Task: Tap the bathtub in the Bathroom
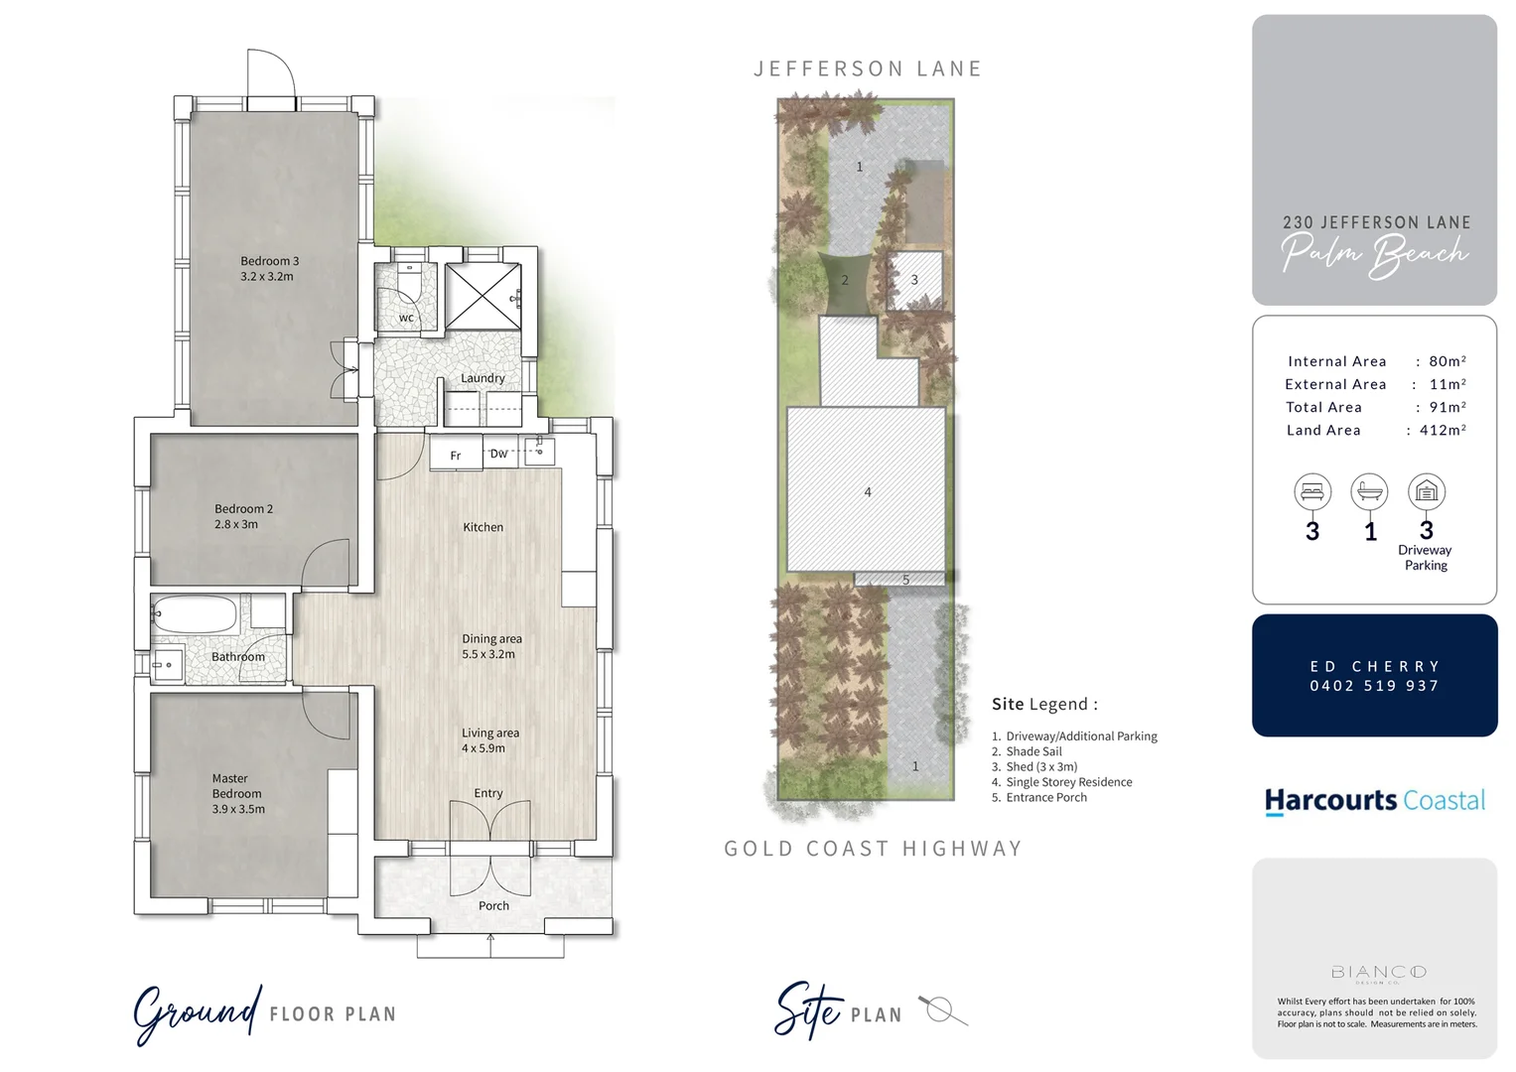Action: [196, 615]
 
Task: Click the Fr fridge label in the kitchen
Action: [456, 456]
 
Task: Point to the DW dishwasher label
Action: [498, 454]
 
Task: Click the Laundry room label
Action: [482, 378]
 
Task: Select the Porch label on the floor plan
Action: [493, 906]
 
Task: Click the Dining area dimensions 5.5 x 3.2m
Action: [488, 654]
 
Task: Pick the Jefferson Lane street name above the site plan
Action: [868, 68]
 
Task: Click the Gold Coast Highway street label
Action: [873, 849]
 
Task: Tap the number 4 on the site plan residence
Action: [868, 492]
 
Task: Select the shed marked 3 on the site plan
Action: [913, 280]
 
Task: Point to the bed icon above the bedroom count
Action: [1312, 491]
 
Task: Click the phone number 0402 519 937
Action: [1374, 686]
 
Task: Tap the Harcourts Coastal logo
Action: [1374, 801]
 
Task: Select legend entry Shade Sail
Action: [1034, 751]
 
